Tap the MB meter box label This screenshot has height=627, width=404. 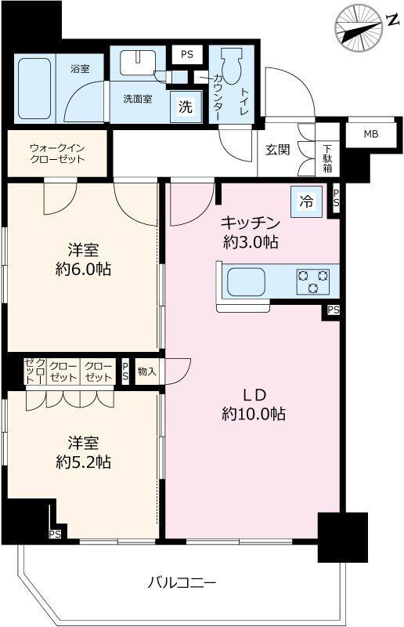[x=370, y=134]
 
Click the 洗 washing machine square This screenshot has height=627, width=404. [x=185, y=108]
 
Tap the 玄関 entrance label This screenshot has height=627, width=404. [x=278, y=150]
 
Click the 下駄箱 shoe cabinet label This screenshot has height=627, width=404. [x=328, y=158]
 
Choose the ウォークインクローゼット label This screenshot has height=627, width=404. [x=56, y=153]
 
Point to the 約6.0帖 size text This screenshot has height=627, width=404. [x=81, y=269]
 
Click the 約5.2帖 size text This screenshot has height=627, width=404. [x=81, y=462]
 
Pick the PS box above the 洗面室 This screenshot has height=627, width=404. [x=186, y=54]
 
